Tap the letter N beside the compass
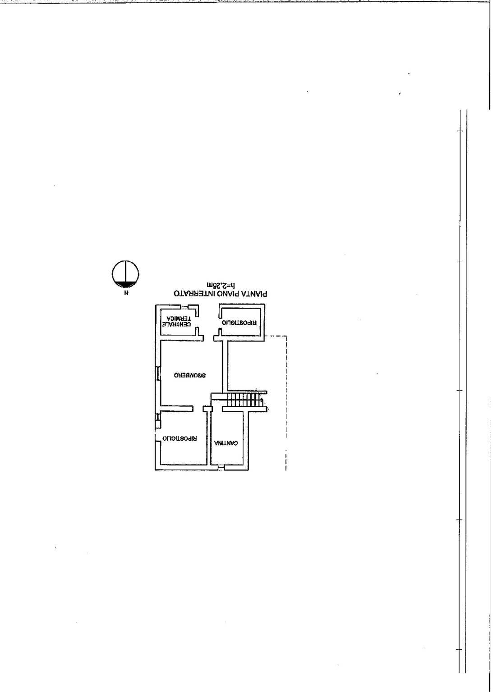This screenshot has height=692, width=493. [x=125, y=293]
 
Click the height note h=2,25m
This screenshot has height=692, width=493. [x=221, y=285]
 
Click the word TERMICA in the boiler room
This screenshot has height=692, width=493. [x=179, y=318]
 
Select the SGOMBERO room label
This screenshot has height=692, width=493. [x=189, y=376]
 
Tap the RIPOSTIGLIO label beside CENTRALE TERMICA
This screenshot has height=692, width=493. [x=239, y=322]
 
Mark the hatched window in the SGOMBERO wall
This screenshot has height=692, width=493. [x=158, y=373]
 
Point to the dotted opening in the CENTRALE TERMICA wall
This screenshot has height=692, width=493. [x=184, y=307]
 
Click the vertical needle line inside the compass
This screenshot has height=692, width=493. [x=125, y=272]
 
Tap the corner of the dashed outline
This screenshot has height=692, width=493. [x=286, y=336]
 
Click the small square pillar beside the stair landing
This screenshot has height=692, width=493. [x=208, y=409]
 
